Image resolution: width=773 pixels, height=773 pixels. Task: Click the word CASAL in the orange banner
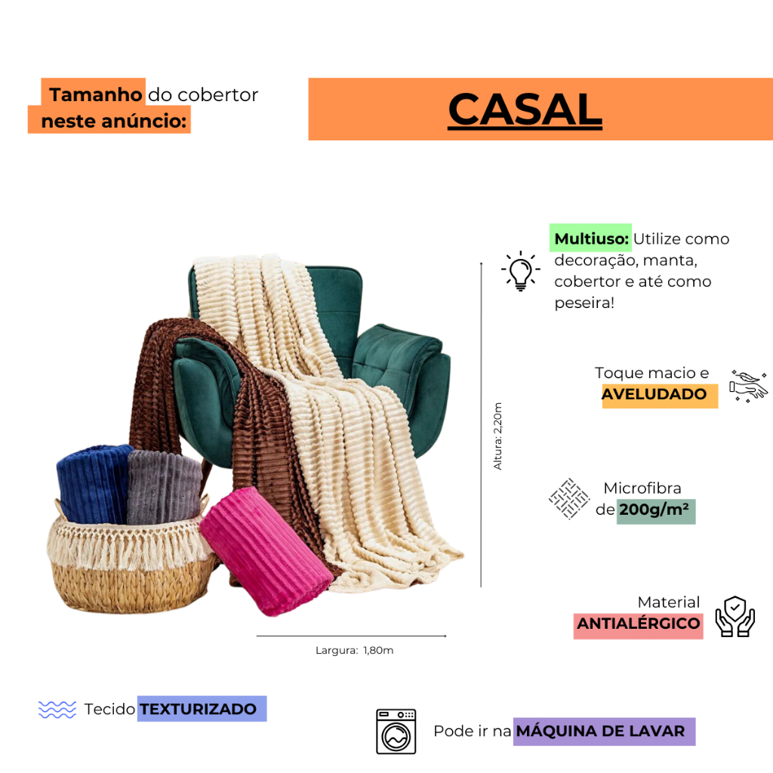tap(525, 109)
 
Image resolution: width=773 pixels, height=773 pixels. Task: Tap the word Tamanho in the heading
tap(96, 95)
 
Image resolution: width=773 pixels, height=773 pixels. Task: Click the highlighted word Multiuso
tap(591, 239)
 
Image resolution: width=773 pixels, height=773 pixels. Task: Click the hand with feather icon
tap(748, 386)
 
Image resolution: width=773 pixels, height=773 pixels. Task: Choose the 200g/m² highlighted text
tap(654, 510)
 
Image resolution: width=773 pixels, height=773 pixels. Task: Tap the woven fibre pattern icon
tap(569, 498)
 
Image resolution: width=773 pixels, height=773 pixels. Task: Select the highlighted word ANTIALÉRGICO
tap(638, 624)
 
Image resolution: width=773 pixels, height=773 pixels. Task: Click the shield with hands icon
tap(735, 617)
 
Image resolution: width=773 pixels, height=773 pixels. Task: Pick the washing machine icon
tap(396, 731)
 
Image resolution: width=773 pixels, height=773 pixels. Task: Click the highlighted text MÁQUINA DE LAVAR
tap(600, 731)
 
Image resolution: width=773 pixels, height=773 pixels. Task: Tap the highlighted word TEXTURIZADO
tap(199, 709)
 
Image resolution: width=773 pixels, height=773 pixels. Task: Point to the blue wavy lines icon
tap(57, 709)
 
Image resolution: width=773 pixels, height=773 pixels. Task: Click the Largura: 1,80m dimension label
tap(354, 650)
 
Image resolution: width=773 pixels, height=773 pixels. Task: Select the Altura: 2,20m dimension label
tap(497, 436)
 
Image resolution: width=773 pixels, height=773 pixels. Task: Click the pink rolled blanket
tap(266, 542)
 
